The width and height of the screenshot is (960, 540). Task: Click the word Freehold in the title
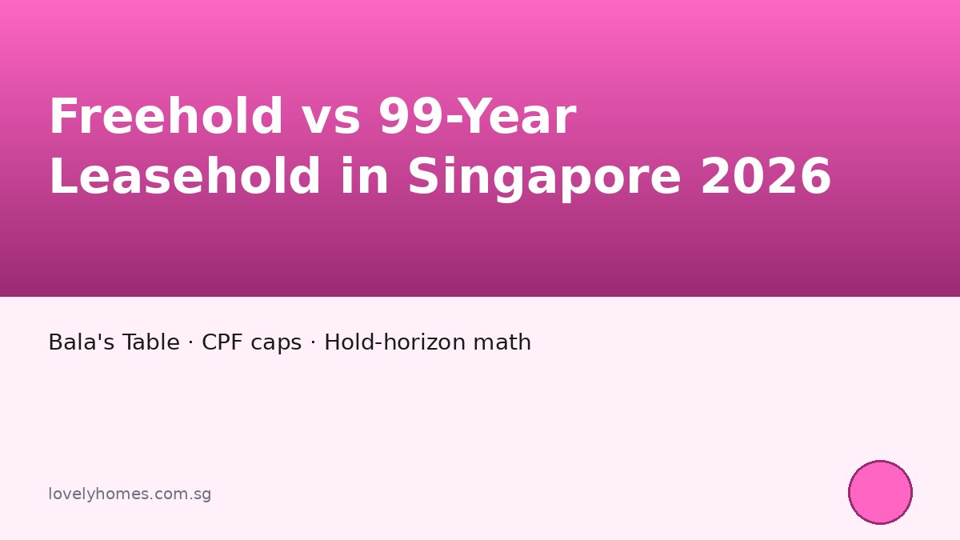(x=166, y=117)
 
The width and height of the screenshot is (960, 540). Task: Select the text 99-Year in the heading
(x=477, y=117)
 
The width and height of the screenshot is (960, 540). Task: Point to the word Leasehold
(x=185, y=177)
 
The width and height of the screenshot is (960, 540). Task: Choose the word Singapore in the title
(x=544, y=177)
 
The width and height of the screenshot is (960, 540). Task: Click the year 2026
(x=766, y=177)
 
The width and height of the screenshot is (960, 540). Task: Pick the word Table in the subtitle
(x=151, y=342)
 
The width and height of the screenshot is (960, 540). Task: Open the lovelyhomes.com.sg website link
(x=130, y=494)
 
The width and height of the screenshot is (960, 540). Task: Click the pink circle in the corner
(x=880, y=492)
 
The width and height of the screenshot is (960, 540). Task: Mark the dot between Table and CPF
(x=190, y=343)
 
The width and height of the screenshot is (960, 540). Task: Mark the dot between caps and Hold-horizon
(x=313, y=343)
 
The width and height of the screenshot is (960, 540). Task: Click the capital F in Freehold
(x=62, y=117)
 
